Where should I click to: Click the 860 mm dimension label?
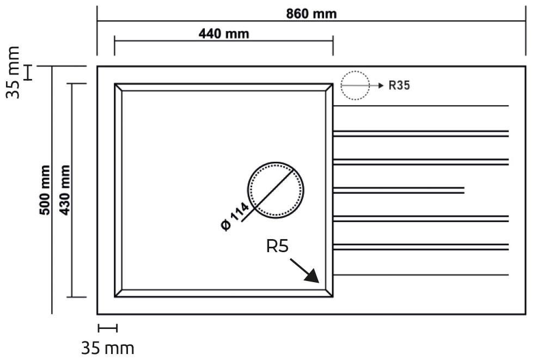point(312,14)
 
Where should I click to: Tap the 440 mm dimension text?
point(224,34)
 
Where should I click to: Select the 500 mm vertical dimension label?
point(45,190)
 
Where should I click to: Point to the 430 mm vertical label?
point(65,190)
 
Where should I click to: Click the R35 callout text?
point(399,86)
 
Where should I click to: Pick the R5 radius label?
point(277,246)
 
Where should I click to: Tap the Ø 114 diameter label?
point(235,216)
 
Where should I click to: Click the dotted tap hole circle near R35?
point(355,86)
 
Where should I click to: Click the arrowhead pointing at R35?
point(381,86)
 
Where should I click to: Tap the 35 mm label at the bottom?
point(107,349)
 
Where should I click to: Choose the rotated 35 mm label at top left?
point(14,72)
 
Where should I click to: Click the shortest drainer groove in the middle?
point(398,190)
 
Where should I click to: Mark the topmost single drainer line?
point(420,106)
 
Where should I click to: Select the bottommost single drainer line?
point(420,274)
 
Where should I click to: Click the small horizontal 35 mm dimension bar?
point(107,328)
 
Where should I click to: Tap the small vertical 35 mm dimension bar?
point(29,72)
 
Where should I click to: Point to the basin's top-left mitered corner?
point(118,87)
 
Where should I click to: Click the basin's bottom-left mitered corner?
point(118,293)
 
